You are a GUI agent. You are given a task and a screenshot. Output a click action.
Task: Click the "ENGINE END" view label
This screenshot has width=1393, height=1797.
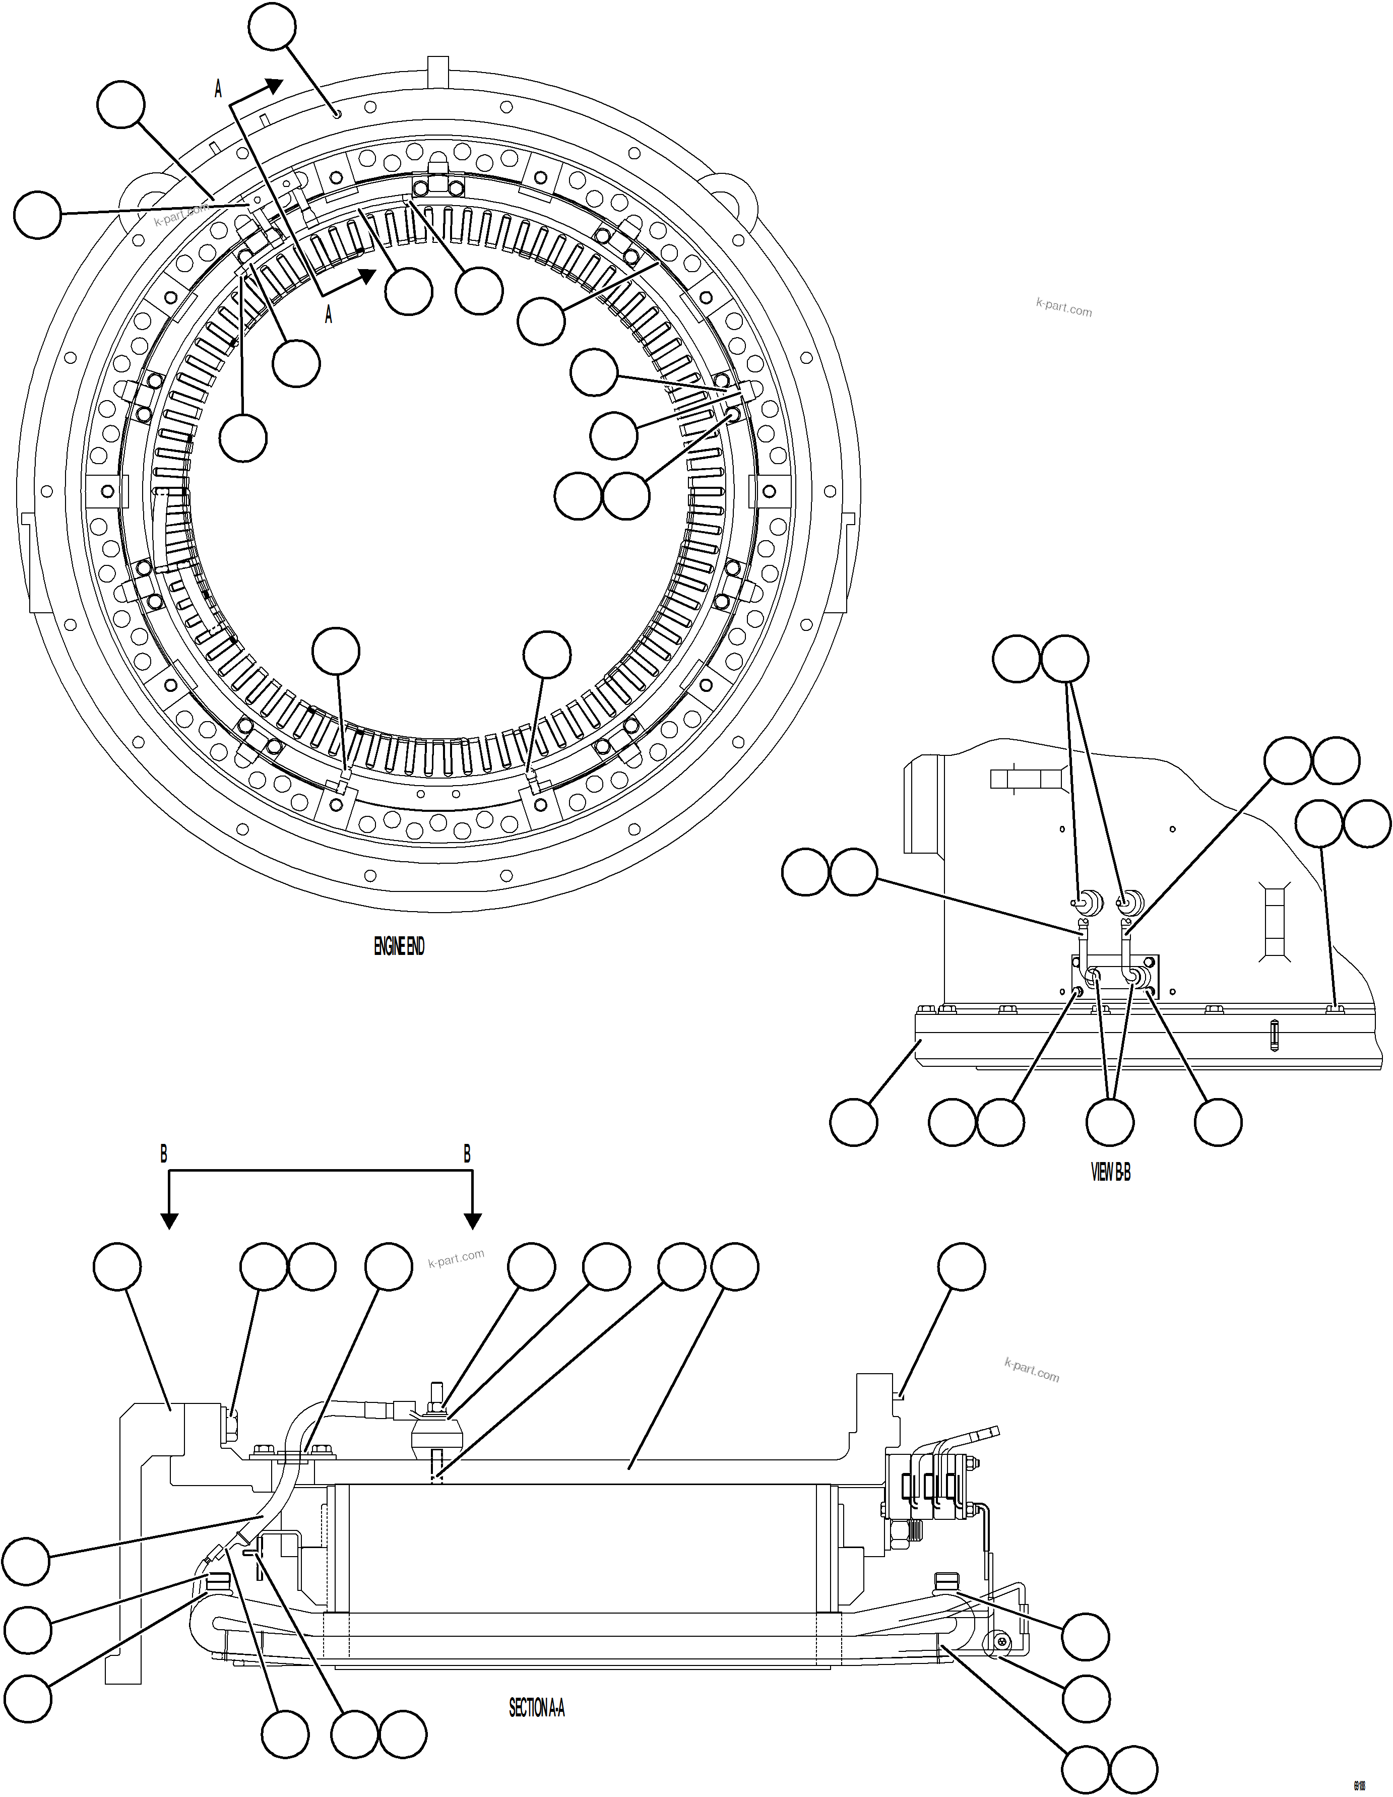(399, 947)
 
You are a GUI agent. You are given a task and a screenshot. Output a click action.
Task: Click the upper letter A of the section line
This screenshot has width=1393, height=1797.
(218, 89)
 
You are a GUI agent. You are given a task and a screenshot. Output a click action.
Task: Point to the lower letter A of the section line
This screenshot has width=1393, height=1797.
(328, 314)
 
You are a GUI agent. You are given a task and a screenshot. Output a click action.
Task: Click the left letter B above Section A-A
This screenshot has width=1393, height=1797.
(164, 1154)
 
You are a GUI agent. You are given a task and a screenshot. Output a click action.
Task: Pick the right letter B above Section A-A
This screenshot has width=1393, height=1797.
(467, 1154)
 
